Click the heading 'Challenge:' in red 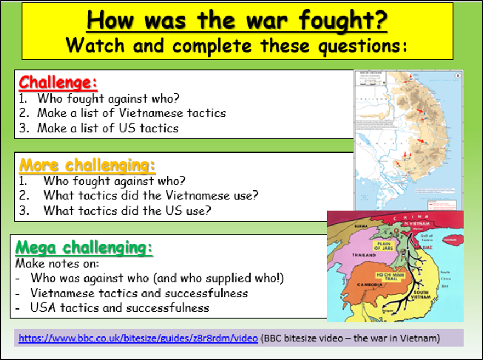coord(58,82)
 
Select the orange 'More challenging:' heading coord(88,165)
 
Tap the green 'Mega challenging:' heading coord(84,248)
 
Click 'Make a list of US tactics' coord(107,128)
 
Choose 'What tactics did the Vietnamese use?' coord(151,195)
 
